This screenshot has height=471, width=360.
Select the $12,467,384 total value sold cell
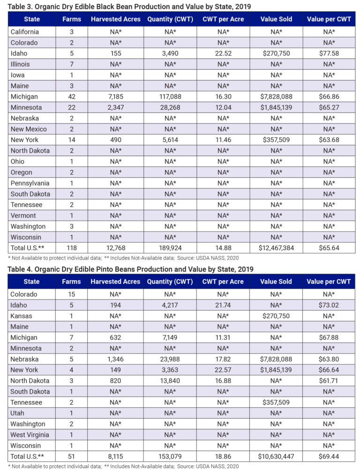276,248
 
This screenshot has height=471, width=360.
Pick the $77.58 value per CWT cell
327,53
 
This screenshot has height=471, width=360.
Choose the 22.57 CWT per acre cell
223,370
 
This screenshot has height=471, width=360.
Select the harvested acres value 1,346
115,359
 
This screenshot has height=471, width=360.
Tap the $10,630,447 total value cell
276,456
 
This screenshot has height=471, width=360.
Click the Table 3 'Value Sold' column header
276,19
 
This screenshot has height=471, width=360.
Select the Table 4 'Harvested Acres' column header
115,282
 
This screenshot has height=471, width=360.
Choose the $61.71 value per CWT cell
327,381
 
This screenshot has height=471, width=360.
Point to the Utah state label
18,413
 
